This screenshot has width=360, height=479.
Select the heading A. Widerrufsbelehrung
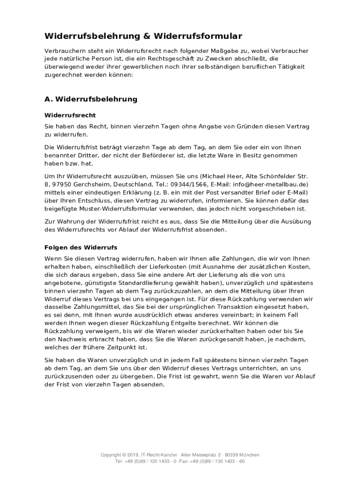pyautogui.click(x=91, y=99)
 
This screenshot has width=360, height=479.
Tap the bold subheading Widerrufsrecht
pyautogui.click(x=70, y=115)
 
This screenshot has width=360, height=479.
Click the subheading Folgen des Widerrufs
pyautogui.click(x=81, y=247)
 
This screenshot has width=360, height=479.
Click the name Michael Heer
pyautogui.click(x=223, y=176)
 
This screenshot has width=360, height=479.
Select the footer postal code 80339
pyautogui.click(x=231, y=455)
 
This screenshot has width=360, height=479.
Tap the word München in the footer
pyautogui.click(x=250, y=455)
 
